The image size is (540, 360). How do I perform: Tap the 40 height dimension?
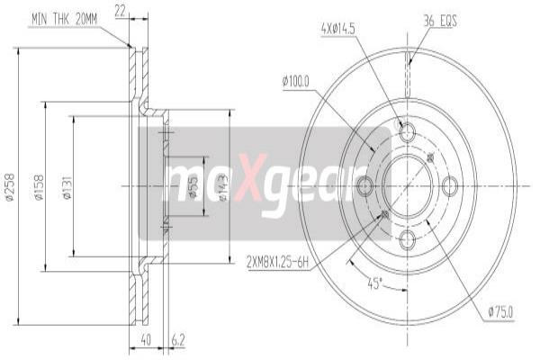144,341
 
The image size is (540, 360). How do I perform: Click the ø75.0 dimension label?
501,311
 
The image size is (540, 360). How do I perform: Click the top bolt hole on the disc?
407,130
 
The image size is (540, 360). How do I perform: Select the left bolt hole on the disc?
364,186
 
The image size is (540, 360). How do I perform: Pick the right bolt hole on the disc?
450,186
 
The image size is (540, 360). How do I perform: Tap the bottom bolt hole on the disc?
407,239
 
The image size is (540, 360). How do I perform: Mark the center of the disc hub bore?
407,186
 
